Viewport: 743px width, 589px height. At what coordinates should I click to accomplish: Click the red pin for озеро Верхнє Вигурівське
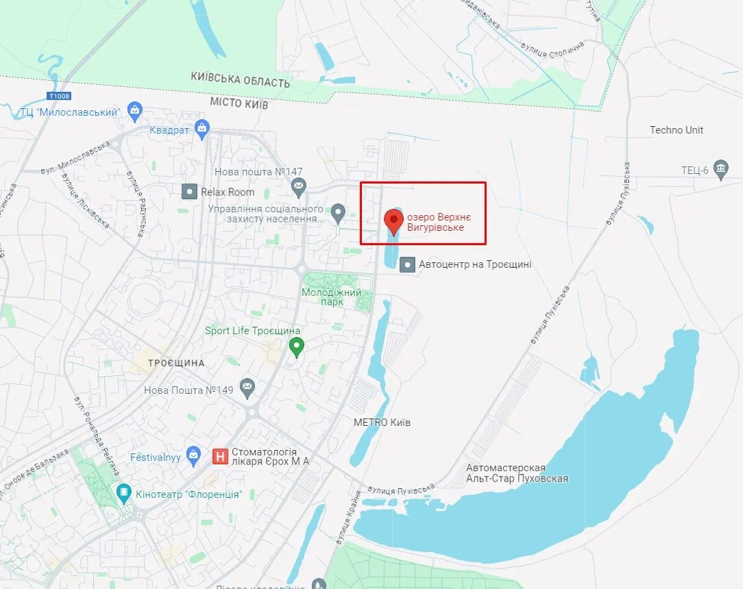pyautogui.click(x=393, y=221)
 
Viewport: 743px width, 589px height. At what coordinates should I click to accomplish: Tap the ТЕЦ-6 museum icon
pyautogui.click(x=720, y=170)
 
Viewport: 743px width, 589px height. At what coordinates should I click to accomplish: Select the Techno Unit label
pyautogui.click(x=676, y=130)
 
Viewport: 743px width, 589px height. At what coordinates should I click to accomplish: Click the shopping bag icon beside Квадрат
pyautogui.click(x=202, y=128)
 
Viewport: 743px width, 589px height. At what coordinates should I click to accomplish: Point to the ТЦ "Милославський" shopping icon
pyautogui.click(x=136, y=111)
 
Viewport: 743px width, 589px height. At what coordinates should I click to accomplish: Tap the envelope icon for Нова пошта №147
pyautogui.click(x=298, y=185)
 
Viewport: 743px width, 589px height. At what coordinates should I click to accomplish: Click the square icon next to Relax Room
pyautogui.click(x=189, y=192)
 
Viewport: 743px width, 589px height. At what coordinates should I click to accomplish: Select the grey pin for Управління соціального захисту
pyautogui.click(x=337, y=214)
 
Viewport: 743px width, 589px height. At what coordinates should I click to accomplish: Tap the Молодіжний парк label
pyautogui.click(x=332, y=297)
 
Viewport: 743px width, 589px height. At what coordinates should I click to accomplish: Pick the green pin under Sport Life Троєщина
pyautogui.click(x=296, y=347)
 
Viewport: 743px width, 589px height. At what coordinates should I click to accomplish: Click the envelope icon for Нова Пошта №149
pyautogui.click(x=247, y=389)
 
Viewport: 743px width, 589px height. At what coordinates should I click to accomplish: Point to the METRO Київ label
pyautogui.click(x=382, y=423)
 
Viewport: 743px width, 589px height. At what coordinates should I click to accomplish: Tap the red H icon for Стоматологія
pyautogui.click(x=220, y=456)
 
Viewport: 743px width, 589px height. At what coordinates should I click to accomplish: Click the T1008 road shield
pyautogui.click(x=59, y=97)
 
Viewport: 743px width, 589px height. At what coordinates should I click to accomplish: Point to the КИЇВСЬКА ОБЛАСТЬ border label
pyautogui.click(x=241, y=81)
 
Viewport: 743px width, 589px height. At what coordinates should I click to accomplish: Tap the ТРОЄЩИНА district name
pyautogui.click(x=176, y=362)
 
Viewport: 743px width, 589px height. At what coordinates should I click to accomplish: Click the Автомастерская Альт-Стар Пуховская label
pyautogui.click(x=517, y=473)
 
